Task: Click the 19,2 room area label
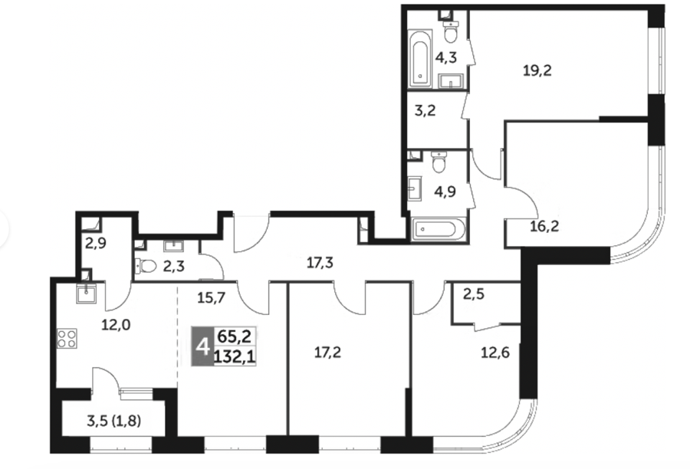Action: (x=537, y=70)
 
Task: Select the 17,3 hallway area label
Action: (x=320, y=263)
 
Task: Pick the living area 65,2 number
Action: (x=235, y=336)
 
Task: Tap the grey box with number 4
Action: (x=202, y=346)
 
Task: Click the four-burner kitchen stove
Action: (x=67, y=339)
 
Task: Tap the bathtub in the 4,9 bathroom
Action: (x=439, y=229)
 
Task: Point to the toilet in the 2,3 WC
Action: (x=146, y=265)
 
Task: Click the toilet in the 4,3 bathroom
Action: (x=450, y=31)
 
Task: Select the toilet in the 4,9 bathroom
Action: (x=439, y=162)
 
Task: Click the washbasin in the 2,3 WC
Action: (x=175, y=246)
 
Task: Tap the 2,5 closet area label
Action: (x=474, y=294)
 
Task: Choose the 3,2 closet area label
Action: (x=425, y=110)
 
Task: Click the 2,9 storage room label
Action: (x=96, y=243)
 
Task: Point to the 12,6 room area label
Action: (x=495, y=353)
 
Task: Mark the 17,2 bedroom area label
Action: (x=328, y=352)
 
